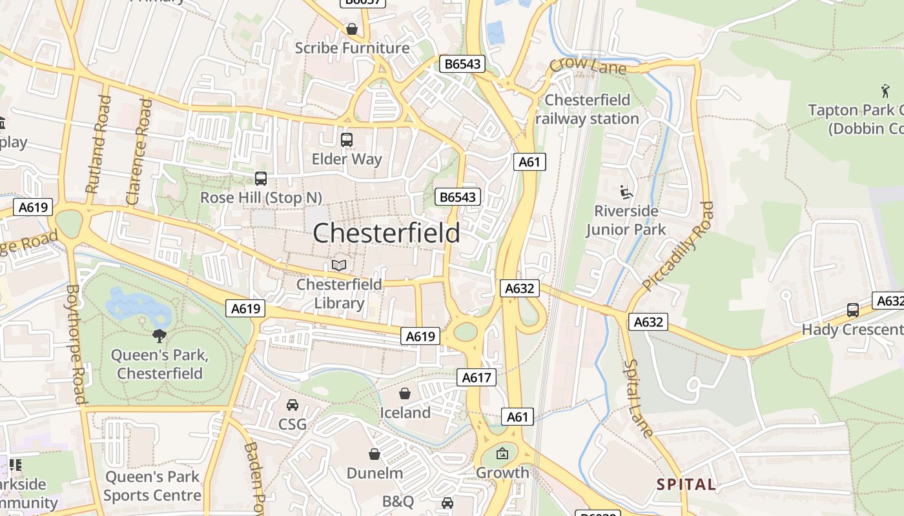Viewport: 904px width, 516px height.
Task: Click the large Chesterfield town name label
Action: (386, 233)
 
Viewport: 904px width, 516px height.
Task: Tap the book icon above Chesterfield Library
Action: (339, 265)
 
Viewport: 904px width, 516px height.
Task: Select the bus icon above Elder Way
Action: (347, 139)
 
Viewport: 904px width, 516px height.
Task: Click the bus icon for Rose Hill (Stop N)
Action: (261, 179)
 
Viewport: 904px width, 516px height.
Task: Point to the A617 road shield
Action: (477, 377)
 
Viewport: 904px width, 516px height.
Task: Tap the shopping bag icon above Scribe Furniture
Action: (352, 29)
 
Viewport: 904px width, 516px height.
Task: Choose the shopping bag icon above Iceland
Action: (405, 393)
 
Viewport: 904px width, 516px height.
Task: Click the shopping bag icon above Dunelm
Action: (375, 454)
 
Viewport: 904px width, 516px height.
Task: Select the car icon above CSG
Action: (293, 404)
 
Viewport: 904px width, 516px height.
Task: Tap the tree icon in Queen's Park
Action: (159, 335)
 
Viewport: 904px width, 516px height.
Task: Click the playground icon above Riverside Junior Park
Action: (626, 192)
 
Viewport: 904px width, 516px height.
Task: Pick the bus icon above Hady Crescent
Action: (853, 310)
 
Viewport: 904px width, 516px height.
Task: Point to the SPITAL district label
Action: (686, 484)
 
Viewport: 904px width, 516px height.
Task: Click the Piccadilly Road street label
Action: (679, 246)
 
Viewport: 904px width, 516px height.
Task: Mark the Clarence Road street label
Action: (139, 152)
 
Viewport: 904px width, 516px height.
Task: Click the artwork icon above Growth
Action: (502, 453)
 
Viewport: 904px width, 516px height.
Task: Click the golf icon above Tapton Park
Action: (885, 91)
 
